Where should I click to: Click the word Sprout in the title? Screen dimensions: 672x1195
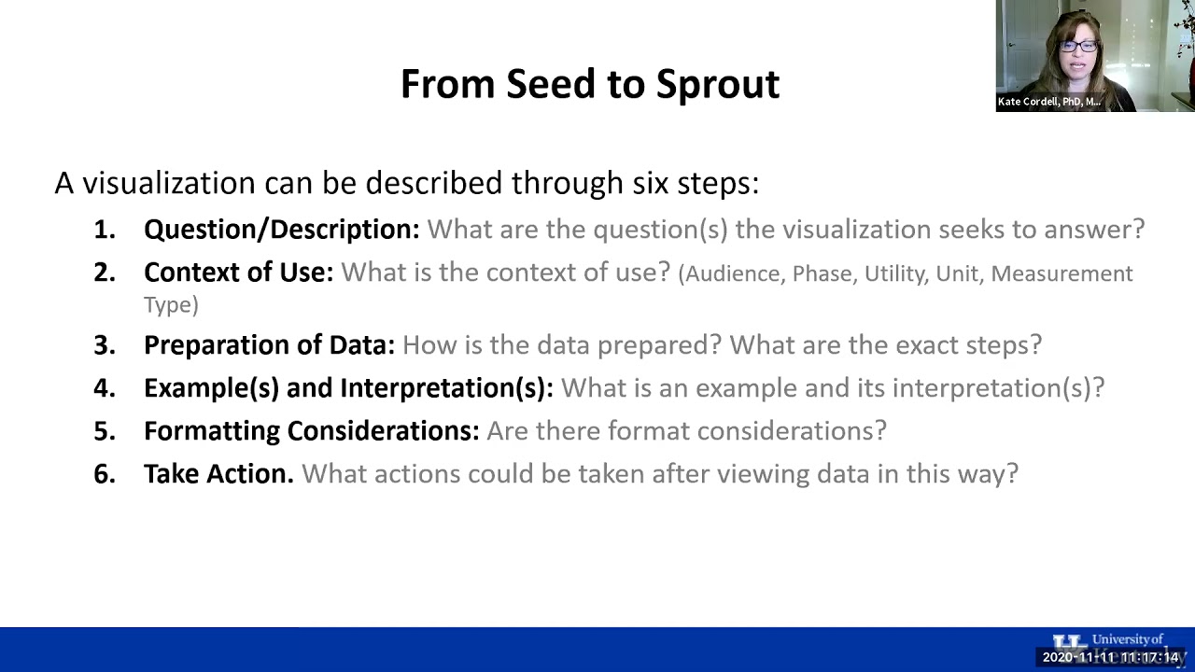[717, 84]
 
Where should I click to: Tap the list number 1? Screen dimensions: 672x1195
[104, 230]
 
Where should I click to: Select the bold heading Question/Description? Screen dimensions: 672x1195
[281, 230]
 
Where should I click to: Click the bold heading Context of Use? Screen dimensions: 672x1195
[238, 273]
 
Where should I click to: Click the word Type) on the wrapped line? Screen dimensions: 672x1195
[171, 304]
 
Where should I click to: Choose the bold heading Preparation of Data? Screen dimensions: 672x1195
[269, 345]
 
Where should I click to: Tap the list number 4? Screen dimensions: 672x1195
[104, 388]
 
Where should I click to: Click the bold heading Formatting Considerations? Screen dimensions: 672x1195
[311, 431]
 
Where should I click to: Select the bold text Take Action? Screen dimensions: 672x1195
[218, 474]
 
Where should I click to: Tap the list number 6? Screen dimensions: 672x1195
[104, 474]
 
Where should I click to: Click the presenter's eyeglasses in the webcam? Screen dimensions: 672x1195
[1078, 45]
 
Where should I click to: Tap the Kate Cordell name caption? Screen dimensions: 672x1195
[1048, 102]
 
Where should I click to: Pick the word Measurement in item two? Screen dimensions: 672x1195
[1061, 273]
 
